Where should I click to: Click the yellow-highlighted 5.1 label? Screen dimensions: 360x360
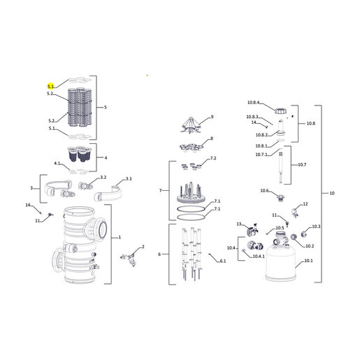[50, 87]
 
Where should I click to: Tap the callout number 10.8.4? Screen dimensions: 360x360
[253, 102]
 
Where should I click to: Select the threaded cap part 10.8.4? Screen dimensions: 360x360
[280, 111]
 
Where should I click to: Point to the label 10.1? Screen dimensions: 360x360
[309, 261]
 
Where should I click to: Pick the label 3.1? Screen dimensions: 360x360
[129, 179]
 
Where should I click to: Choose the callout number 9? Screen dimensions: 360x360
[212, 117]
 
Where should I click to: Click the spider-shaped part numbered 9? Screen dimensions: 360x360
[191, 125]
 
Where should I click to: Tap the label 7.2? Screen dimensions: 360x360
[213, 158]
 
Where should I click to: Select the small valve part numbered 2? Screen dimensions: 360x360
[129, 259]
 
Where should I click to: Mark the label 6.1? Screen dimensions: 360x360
[223, 261]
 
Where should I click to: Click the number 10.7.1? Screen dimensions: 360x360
[261, 154]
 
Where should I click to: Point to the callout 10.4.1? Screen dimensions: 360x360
[259, 257]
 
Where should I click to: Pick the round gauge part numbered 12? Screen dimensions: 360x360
[294, 212]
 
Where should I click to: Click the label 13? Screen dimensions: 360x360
[239, 224]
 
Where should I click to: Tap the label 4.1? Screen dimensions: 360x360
[57, 164]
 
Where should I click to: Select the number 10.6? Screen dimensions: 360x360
[264, 191]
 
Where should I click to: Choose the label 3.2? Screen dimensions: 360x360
[103, 178]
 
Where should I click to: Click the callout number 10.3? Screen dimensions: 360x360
[316, 226]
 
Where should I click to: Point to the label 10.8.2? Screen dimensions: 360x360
[261, 135]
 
